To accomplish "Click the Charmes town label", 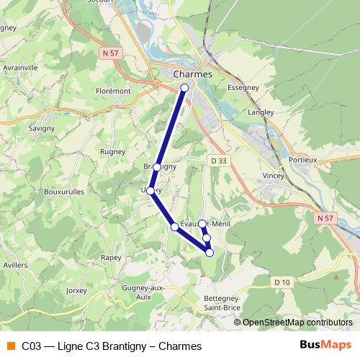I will (193, 74).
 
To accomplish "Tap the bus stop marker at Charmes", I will (184, 88).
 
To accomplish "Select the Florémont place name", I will (113, 91).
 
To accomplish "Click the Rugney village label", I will (114, 152).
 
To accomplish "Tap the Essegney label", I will (243, 87).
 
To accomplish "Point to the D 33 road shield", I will (218, 160).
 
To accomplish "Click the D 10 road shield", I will (282, 282).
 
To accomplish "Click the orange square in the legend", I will (10, 346).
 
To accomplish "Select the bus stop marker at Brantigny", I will (157, 167).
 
